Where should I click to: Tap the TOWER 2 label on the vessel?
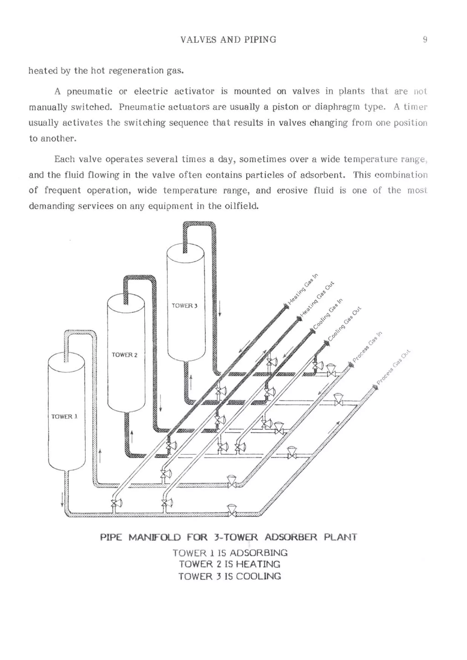125,355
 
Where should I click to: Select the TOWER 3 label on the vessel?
184,306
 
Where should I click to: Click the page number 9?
425,39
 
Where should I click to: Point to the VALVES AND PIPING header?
228,39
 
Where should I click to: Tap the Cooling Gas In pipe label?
328,314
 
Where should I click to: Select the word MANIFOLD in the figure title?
155,537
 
